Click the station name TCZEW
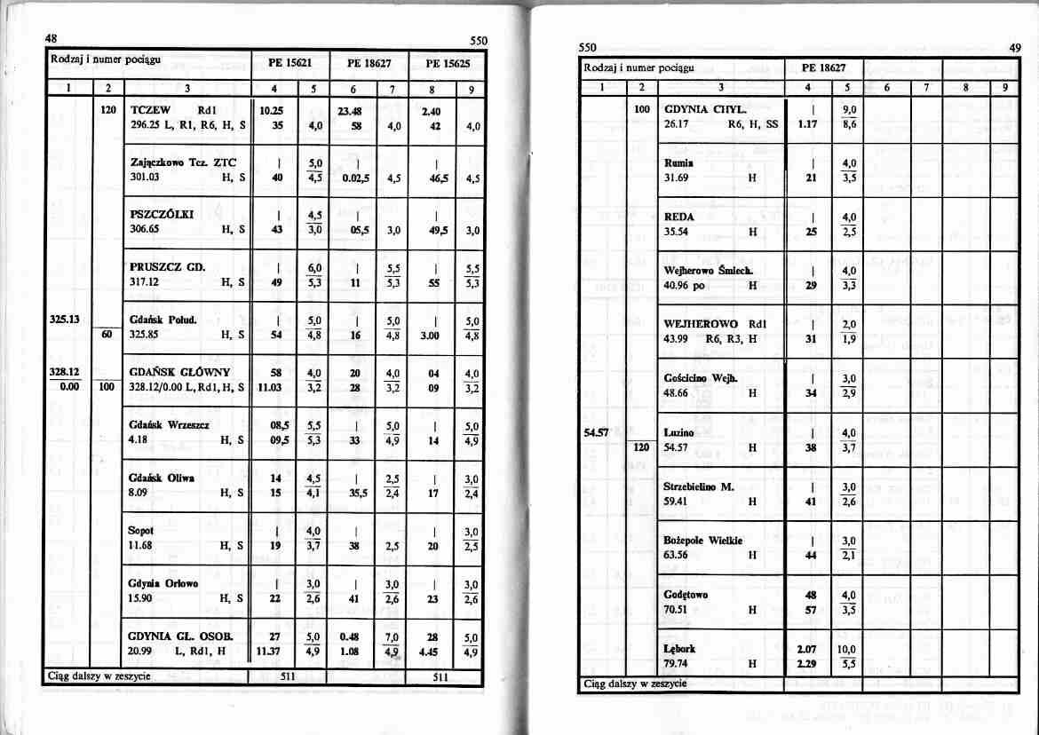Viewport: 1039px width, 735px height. (151, 110)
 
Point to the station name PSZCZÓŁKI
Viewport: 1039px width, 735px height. (162, 213)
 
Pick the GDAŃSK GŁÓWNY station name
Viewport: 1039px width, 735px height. (179, 371)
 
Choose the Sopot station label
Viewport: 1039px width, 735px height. (141, 530)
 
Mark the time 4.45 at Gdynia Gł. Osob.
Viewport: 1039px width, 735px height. (434, 652)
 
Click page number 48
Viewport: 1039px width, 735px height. (53, 39)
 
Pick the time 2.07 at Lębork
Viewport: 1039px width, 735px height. (807, 648)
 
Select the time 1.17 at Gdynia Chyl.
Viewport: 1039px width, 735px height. (807, 124)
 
